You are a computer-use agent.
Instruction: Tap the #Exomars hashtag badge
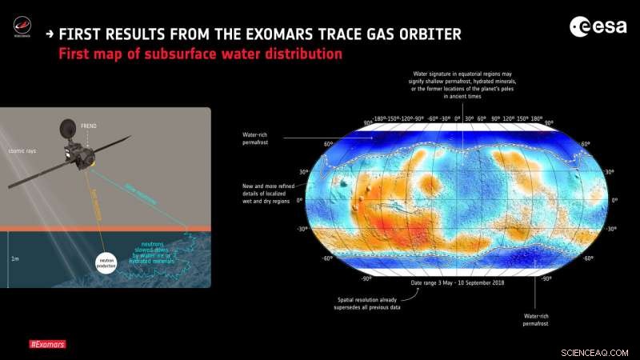[47, 345]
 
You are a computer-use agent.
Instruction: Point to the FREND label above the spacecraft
[89, 126]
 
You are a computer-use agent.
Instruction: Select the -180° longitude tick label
[379, 118]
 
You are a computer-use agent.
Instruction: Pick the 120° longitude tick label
[509, 118]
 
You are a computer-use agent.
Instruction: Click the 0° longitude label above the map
[457, 118]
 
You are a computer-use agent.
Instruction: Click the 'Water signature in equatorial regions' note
[457, 85]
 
